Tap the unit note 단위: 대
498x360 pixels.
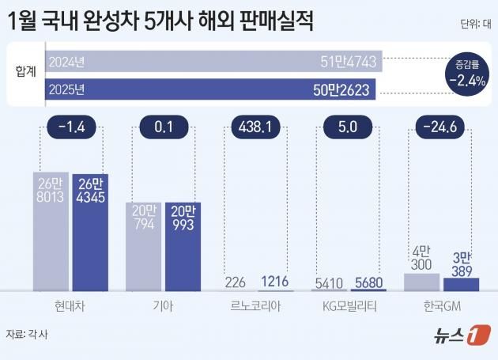click(x=473, y=25)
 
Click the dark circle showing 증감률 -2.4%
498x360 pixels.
click(x=466, y=74)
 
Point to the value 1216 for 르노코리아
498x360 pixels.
click(x=274, y=282)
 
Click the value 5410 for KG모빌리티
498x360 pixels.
click(x=328, y=282)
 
